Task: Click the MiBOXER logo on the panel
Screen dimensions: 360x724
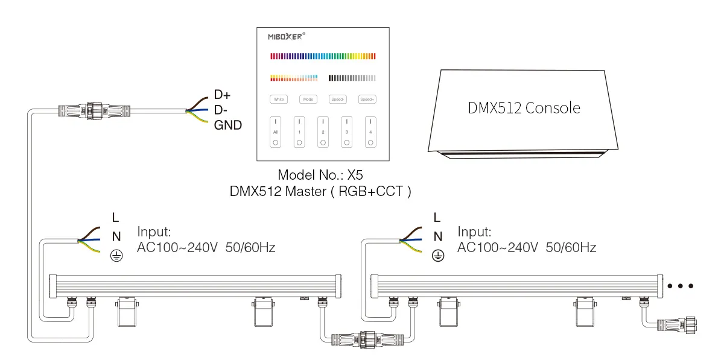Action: tap(287, 36)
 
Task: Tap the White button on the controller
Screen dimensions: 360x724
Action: tap(278, 99)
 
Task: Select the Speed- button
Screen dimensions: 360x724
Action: tap(337, 99)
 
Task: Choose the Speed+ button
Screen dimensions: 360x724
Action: tap(367, 99)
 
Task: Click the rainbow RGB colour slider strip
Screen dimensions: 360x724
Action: tap(323, 56)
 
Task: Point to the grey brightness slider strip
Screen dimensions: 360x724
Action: tap(352, 78)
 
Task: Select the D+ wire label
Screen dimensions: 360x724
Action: tap(222, 95)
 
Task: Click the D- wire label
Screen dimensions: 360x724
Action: tap(221, 110)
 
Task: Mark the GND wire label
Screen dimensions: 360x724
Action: tap(227, 125)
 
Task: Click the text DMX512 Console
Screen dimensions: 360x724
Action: tap(524, 109)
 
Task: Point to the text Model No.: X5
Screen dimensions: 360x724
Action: tap(320, 175)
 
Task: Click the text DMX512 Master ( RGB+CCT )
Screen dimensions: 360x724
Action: tap(320, 191)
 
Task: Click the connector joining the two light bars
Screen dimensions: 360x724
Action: tap(364, 338)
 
